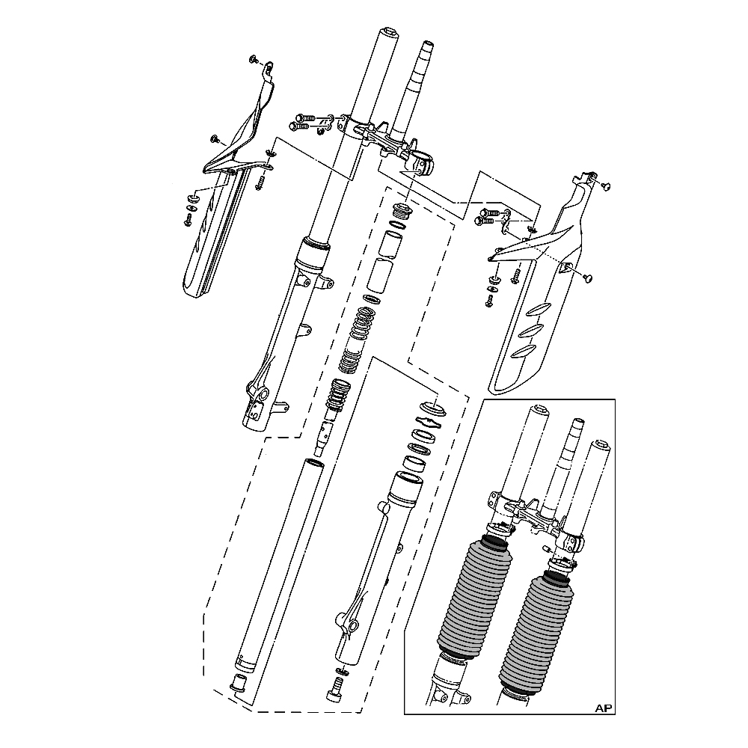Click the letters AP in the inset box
click(x=603, y=708)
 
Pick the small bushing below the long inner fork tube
click(x=238, y=683)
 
